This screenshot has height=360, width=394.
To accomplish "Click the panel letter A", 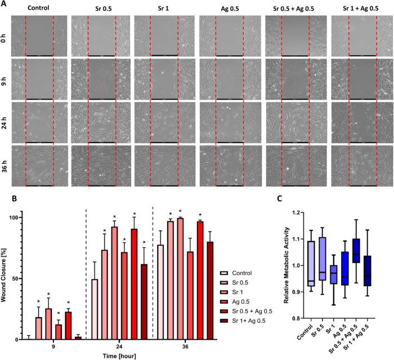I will point(4,5).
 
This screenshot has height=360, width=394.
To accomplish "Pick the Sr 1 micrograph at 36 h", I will point(167,165).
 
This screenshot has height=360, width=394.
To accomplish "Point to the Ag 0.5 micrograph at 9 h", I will point(230,78).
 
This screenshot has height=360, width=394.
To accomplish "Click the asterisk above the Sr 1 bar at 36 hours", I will point(180,212).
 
